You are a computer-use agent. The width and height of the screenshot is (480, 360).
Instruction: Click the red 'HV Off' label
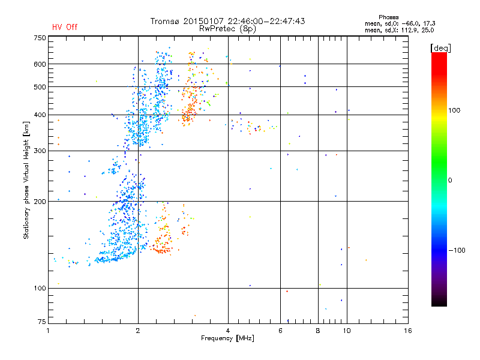64,27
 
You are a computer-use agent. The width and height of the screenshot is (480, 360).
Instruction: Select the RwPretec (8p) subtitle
228,28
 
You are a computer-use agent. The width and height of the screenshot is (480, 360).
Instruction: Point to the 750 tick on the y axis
40,37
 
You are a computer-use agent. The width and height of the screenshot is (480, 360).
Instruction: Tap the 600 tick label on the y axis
40,64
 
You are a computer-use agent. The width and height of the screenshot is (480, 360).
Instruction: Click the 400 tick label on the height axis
40,115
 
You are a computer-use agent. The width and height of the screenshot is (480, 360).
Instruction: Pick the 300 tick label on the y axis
40,151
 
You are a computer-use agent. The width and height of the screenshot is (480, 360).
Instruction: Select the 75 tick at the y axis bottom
41,323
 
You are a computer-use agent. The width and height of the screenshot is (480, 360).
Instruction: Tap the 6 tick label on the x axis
280,331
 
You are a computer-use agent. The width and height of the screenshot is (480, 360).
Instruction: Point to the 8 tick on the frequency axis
317,331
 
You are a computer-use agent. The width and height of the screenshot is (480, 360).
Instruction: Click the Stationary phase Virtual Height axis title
26,180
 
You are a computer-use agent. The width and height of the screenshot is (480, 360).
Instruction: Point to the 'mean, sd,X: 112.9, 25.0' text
399,29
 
